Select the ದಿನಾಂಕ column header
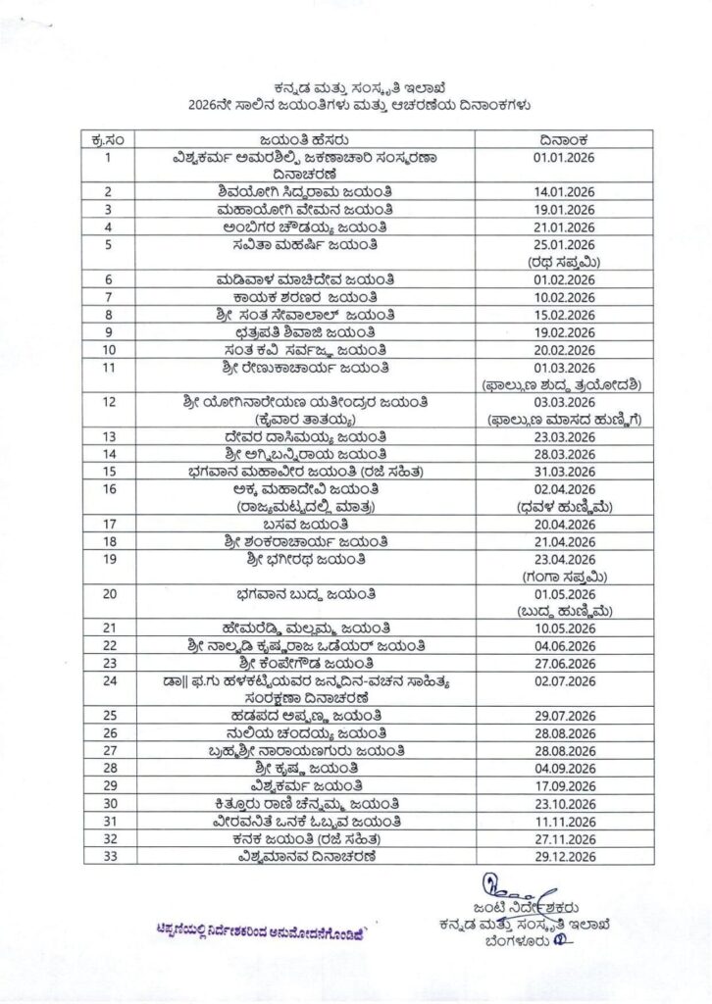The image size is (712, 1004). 564,139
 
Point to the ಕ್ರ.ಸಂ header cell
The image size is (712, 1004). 109,139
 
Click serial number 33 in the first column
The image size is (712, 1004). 109,856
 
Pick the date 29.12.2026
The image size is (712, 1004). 564,856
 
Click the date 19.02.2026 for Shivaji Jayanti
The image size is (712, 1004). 564,332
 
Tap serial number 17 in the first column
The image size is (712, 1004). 109,524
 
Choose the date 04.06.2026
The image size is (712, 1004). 564,646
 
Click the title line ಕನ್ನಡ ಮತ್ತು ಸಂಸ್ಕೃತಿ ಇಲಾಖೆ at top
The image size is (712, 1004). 355,87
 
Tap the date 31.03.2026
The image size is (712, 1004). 564,472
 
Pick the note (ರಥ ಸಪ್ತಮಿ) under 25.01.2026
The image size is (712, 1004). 564,262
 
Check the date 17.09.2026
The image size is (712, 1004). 564,786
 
